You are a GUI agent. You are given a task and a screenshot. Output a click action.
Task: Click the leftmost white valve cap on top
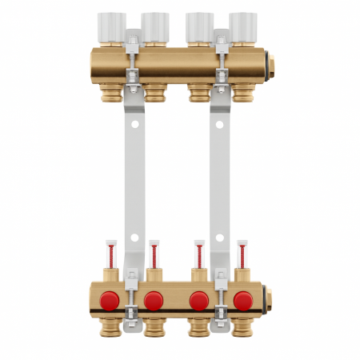point(110,24)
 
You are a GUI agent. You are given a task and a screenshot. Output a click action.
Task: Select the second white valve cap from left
point(154,24)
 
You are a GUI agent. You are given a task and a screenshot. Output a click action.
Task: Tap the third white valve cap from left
point(198,24)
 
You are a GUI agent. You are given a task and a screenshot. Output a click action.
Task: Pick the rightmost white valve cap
point(242,24)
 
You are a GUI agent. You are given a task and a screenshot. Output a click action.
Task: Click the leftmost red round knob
point(110,302)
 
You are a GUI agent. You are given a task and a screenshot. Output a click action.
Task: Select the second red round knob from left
point(154,302)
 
